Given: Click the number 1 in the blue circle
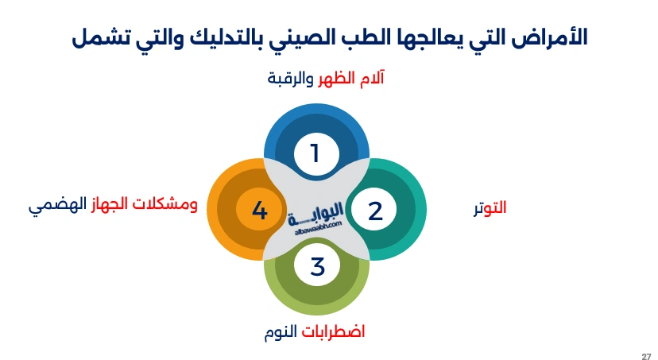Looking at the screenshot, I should [x=315, y=153].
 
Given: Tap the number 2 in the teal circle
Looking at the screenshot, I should [x=375, y=211].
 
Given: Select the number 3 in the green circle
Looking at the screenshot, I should [x=317, y=267].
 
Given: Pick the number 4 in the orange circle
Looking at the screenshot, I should [x=259, y=211].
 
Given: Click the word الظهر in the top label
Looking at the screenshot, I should [x=337, y=80].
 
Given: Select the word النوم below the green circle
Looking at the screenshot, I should [x=283, y=331].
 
